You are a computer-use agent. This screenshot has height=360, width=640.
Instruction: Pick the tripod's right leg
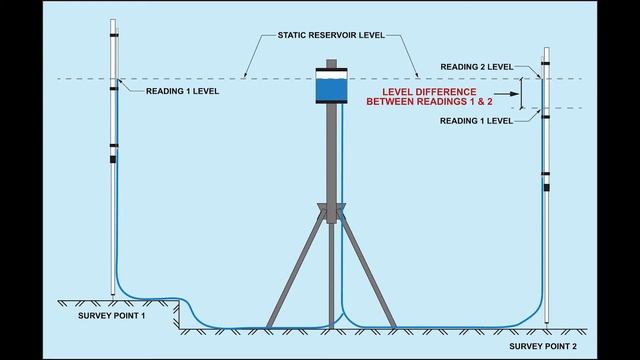[369, 270]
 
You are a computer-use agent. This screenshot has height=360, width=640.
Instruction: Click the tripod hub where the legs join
[330, 212]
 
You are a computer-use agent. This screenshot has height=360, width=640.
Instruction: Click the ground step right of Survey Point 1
[179, 311]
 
